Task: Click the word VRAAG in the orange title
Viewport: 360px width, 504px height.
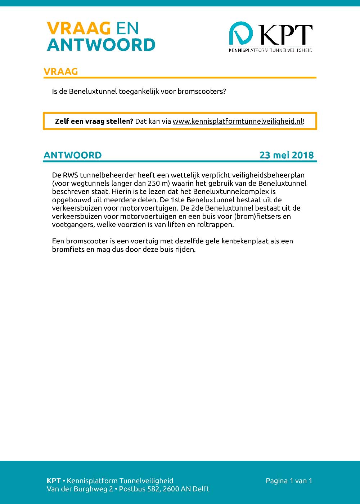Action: click(78, 28)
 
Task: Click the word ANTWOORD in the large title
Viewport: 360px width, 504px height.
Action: click(101, 45)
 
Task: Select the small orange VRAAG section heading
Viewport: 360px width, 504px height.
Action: click(60, 71)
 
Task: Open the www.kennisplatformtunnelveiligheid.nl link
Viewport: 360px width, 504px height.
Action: click(238, 121)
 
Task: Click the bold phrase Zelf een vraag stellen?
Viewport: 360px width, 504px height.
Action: click(94, 121)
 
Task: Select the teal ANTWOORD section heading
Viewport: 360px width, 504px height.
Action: click(72, 155)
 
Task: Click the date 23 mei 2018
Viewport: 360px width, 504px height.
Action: click(287, 155)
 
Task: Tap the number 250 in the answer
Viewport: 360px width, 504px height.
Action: click(154, 184)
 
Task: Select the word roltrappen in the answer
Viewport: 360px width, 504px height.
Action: click(215, 225)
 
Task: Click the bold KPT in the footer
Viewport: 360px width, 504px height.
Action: click(54, 481)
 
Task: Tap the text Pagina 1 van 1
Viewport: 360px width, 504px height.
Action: click(289, 481)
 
